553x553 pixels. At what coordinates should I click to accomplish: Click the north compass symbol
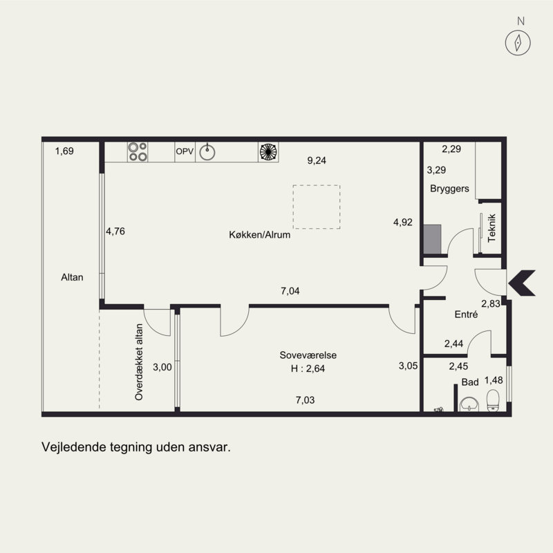pos(518,43)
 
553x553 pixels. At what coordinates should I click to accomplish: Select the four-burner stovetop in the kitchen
pos(138,151)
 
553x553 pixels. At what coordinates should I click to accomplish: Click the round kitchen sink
pos(207,152)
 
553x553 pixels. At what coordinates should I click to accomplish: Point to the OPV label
pos(185,151)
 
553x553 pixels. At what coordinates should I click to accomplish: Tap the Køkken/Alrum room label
pos(260,234)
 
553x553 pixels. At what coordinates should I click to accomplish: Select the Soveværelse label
pos(308,355)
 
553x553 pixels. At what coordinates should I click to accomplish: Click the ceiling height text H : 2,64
pos(308,368)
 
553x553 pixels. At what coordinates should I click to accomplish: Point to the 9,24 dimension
pos(317,160)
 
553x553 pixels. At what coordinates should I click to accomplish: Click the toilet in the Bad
pos(493,401)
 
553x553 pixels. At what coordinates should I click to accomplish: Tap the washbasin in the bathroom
pos(469,404)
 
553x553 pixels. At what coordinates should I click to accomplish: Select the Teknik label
pos(491,228)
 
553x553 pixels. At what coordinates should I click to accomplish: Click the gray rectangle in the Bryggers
pos(432,239)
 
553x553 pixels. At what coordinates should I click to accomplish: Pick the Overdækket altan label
pos(139,362)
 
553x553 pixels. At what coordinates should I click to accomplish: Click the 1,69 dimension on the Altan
pos(64,151)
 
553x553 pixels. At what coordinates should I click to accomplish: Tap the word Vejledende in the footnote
pos(74,447)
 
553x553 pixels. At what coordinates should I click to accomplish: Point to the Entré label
pos(466,315)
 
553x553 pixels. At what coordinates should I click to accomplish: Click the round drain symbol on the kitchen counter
pos(268,151)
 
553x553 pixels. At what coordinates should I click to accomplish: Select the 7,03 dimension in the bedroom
pos(305,400)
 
